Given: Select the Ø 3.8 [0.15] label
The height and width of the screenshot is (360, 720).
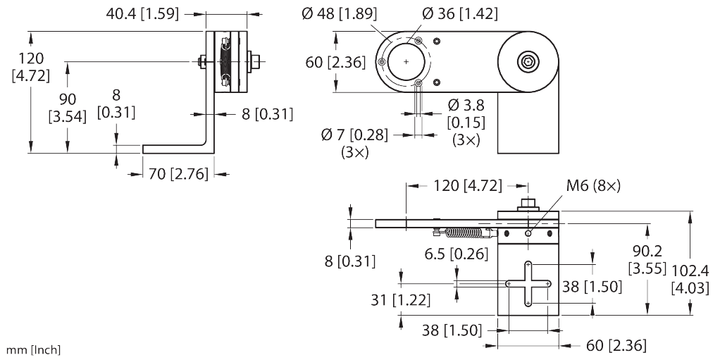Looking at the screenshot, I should pyautogui.click(x=464, y=123).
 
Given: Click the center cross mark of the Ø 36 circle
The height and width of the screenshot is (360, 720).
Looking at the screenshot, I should pyautogui.click(x=407, y=62).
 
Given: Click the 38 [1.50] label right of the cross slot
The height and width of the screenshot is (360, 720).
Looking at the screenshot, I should pyautogui.click(x=591, y=286).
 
